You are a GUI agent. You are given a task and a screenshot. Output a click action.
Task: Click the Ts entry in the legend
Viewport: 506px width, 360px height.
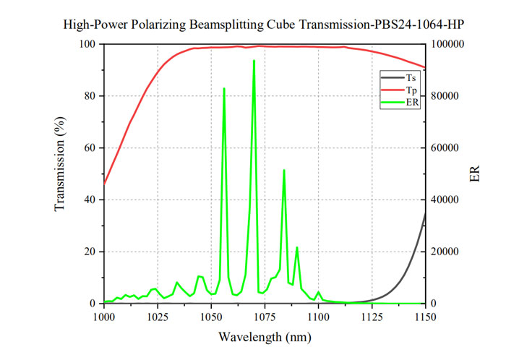[410, 77]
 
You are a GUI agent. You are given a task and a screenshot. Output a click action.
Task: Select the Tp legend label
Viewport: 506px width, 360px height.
[410, 90]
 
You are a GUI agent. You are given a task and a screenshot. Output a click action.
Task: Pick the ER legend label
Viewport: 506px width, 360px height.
[411, 102]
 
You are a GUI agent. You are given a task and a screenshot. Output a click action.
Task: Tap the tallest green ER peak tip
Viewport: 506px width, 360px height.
[254, 61]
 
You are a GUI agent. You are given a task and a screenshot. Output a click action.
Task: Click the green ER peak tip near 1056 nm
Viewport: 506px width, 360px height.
[224, 88]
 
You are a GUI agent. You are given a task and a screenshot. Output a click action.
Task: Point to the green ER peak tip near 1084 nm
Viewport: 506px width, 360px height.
[284, 170]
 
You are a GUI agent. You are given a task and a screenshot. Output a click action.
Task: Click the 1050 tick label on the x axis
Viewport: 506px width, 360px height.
[210, 317]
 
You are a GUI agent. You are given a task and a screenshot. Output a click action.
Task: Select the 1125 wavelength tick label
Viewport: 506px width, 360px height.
[372, 317]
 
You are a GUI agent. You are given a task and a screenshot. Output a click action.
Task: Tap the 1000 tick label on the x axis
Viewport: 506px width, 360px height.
[104, 317]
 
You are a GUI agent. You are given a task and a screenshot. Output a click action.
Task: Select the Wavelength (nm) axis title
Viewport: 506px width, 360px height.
[265, 337]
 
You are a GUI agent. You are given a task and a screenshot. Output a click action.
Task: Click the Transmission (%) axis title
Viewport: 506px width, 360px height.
[61, 173]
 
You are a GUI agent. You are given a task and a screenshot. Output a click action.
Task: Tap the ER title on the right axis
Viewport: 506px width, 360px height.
[475, 173]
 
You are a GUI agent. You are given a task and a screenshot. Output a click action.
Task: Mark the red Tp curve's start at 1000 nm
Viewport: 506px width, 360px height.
[105, 183]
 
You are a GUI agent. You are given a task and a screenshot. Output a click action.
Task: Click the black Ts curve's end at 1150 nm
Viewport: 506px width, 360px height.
[425, 212]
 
